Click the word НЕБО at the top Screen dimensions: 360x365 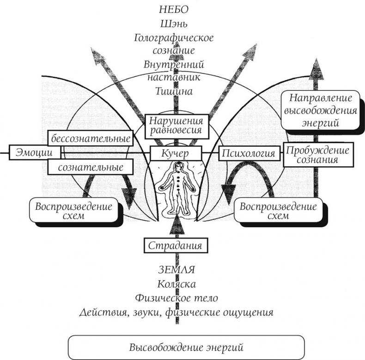[x=173, y=10]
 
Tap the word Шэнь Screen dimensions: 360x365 [x=173, y=23]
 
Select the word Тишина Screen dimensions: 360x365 [x=174, y=92]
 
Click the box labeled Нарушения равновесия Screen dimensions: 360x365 [x=175, y=125]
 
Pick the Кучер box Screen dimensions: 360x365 [x=176, y=153]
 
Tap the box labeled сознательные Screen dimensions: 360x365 [x=91, y=166]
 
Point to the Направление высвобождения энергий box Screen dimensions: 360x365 [x=319, y=110]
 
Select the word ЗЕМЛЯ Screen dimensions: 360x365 [x=175, y=269]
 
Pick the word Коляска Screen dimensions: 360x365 [x=175, y=283]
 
